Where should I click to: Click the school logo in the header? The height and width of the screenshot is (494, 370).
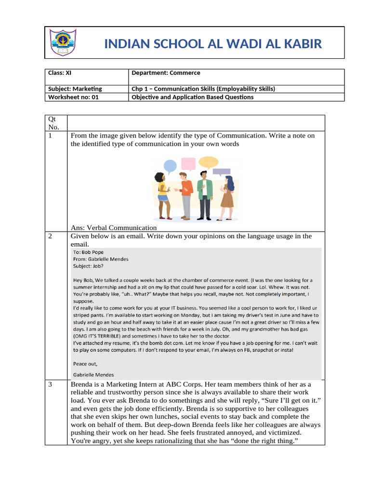pos(63,43)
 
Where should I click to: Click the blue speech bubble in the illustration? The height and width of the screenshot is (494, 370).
pos(170,166)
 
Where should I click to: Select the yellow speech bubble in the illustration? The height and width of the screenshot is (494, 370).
pos(208,162)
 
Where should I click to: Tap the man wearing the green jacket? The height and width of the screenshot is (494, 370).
pos(205,193)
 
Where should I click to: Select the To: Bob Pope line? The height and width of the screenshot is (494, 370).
pos(88,252)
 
